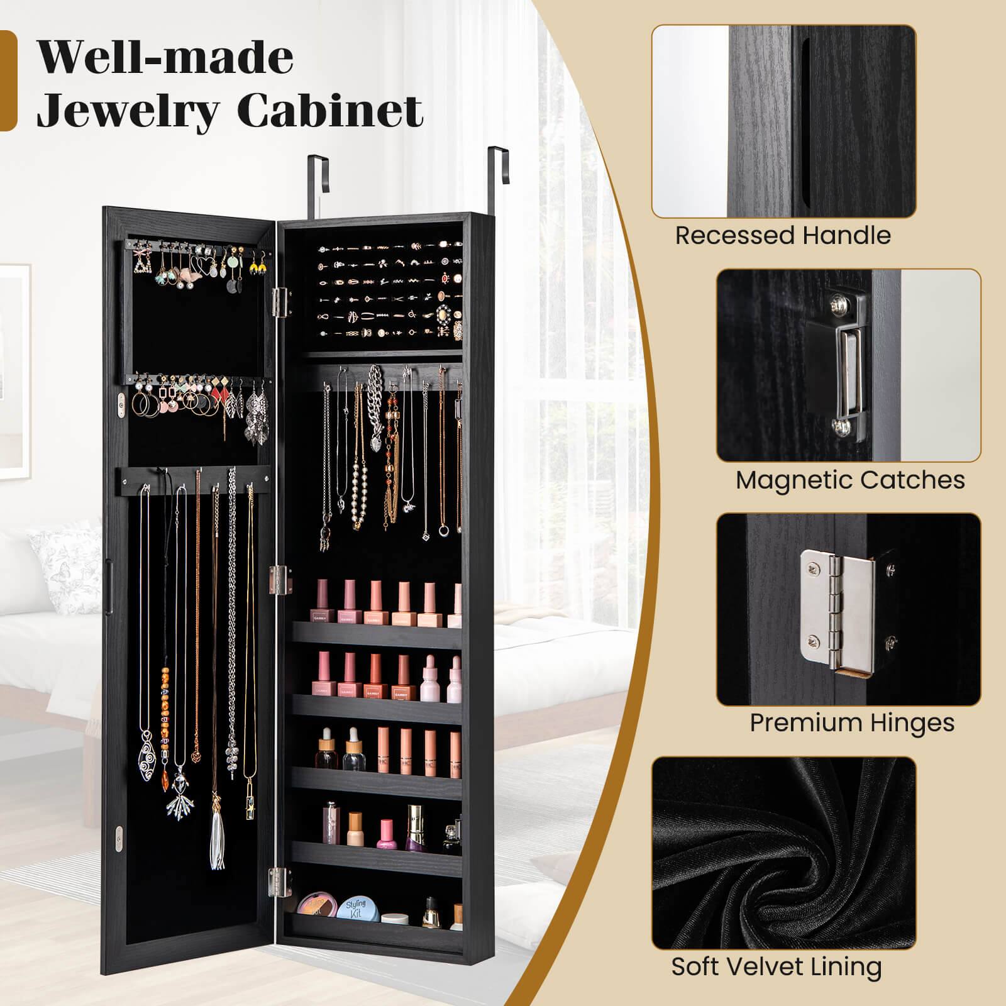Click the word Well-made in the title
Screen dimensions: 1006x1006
click(165, 58)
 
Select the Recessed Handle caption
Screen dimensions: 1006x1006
click(783, 236)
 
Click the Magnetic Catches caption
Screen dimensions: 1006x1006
click(850, 480)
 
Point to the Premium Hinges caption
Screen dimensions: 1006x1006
click(852, 723)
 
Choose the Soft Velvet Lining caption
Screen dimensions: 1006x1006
click(777, 966)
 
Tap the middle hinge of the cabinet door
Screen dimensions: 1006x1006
click(281, 579)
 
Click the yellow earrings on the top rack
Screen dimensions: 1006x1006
click(257, 268)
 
